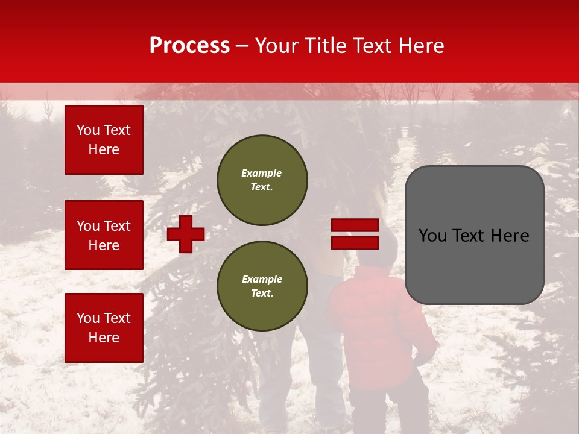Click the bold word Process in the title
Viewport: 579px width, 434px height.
(189, 46)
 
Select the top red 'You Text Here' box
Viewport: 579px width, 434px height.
(104, 140)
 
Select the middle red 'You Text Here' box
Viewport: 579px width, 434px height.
(104, 235)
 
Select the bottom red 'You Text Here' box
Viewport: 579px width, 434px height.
(104, 328)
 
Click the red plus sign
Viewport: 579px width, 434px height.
(186, 234)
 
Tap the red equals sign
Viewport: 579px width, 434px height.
(355, 234)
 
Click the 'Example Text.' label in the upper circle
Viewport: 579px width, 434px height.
(262, 180)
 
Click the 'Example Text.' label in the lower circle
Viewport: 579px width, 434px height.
(262, 286)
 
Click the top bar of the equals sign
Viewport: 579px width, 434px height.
(355, 225)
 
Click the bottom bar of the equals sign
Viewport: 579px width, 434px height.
(355, 243)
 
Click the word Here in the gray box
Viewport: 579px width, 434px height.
(510, 236)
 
